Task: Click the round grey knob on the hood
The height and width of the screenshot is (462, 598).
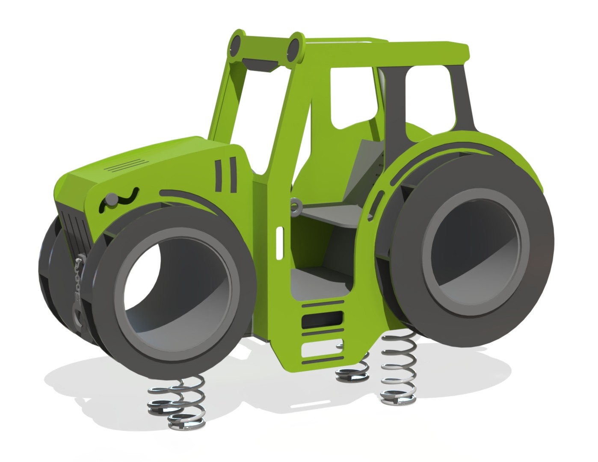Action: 111,199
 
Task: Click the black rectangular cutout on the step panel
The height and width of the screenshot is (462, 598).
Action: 322,319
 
